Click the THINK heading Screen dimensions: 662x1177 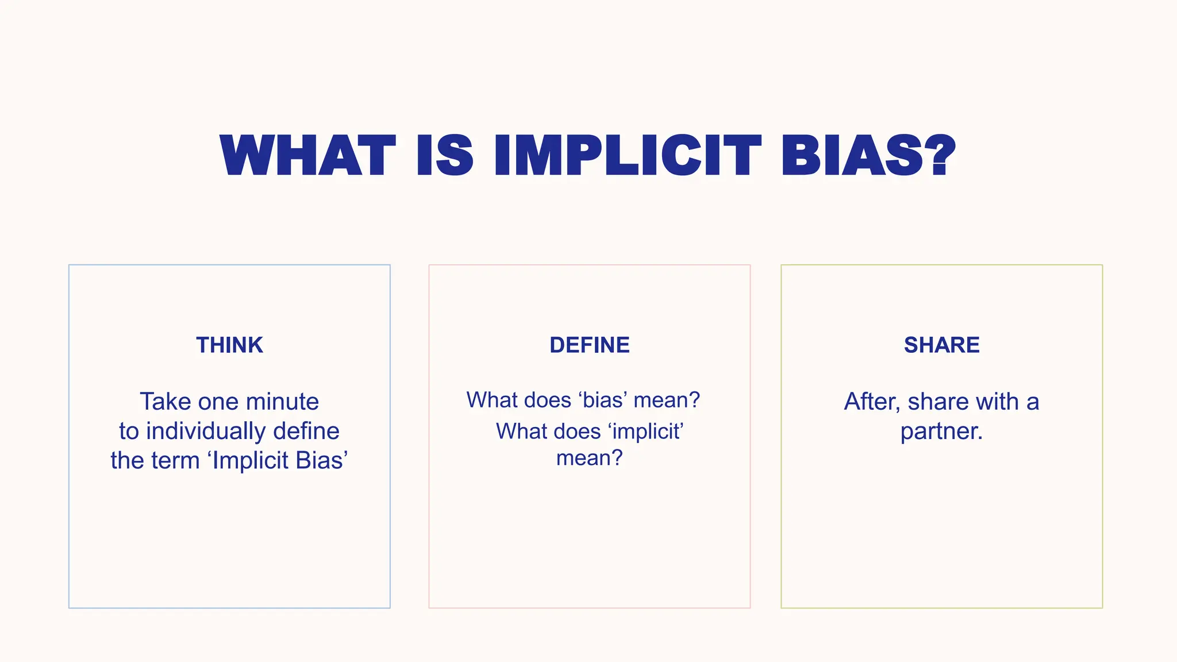[x=229, y=345]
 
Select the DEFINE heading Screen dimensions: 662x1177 [x=589, y=345]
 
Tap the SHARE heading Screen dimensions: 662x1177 [x=941, y=345]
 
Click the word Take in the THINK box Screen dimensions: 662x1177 [x=165, y=402]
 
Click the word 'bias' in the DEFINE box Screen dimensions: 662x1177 [x=603, y=400]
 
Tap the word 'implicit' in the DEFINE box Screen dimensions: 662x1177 [x=645, y=431]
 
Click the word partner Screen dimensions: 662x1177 [x=941, y=432]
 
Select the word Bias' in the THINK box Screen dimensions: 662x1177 [x=321, y=461]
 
